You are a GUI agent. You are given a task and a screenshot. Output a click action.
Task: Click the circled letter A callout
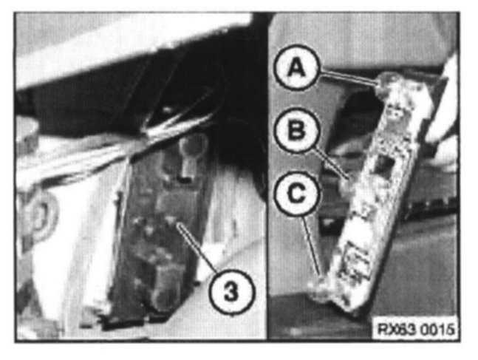point(297,67)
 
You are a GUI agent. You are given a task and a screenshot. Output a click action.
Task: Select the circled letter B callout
point(297,130)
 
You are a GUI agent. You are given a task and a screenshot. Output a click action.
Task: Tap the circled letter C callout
point(297,194)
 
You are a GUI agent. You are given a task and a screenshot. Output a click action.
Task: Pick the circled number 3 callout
point(231,292)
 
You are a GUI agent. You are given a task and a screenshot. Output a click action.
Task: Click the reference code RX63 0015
point(416,329)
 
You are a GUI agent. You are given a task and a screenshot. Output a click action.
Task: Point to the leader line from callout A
point(348,77)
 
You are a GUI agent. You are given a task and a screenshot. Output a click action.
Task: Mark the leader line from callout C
point(311,246)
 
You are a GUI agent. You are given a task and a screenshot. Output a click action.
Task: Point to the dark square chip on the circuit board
point(383,165)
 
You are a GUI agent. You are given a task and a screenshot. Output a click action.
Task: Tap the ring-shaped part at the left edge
point(38,214)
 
